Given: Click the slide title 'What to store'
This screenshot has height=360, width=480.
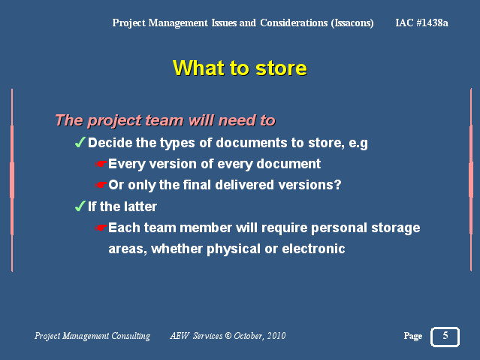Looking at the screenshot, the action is coord(240,68).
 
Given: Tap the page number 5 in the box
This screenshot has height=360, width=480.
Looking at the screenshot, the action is coord(445,335).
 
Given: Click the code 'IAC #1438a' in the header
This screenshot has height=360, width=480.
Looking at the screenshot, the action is coord(421,23).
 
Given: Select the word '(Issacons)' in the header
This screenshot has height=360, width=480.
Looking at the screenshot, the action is coord(352,23).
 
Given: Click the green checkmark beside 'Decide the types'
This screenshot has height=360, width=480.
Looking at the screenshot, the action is coord(80,142).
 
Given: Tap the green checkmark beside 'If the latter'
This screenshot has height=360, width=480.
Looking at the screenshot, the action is coord(80,206).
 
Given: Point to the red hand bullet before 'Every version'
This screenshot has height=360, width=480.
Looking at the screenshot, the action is coord(101,164).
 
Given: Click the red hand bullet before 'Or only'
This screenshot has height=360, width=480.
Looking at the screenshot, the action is coord(101,185).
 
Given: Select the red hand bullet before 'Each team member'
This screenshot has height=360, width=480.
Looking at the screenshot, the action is coord(101,228).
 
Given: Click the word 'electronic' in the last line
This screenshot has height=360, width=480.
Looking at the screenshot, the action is coord(313,249).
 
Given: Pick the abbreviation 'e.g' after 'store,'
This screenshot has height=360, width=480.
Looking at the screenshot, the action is coord(358,144).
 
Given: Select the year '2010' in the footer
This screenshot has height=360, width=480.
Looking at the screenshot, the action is coord(276,336).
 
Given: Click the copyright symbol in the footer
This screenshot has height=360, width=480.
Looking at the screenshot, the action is coord(228,336).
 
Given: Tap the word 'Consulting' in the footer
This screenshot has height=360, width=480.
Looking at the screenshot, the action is coord(131,336).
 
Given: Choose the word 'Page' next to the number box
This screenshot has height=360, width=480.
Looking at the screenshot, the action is coord(413,337).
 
